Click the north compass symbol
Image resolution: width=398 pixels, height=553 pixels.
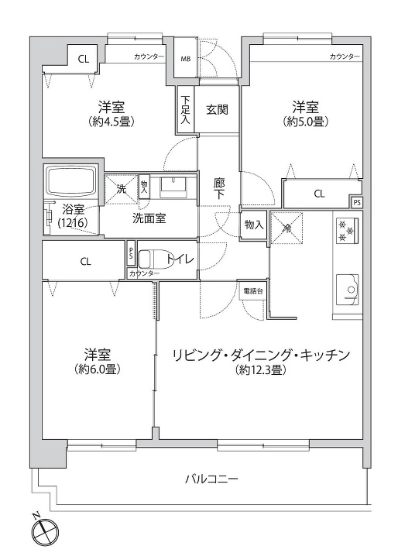click(44, 529)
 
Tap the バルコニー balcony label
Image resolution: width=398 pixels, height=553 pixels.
click(212, 479)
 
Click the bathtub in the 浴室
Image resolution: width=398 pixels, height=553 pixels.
click(71, 182)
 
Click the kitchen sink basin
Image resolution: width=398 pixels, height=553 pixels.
click(348, 290)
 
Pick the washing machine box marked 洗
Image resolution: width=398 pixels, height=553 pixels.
click(121, 189)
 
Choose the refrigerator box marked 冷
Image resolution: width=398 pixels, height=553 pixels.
click(287, 228)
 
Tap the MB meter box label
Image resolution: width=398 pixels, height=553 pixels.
click(186, 59)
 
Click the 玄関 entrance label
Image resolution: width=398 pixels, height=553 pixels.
click(217, 109)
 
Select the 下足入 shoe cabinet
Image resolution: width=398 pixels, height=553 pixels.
click(186, 110)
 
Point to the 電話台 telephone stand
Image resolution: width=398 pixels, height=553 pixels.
click(253, 291)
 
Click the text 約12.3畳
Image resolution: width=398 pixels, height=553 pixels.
click(260, 370)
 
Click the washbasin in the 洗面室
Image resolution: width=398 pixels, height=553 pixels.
click(173, 187)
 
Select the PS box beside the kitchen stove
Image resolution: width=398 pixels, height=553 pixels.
click(357, 203)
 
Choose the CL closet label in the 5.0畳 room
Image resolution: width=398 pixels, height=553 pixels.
click(319, 194)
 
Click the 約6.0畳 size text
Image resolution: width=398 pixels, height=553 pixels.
click(98, 369)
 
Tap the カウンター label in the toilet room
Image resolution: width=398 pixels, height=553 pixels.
click(144, 273)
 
